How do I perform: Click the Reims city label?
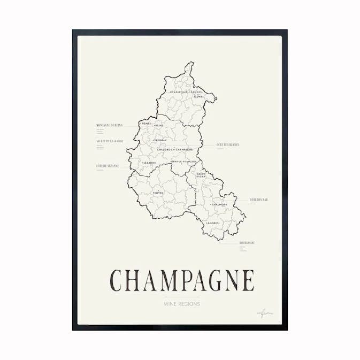pyautogui.click(x=159, y=126)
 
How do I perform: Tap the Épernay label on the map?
pyautogui.click(x=160, y=141)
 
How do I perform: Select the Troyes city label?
pyautogui.click(x=158, y=193)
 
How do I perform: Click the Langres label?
pyautogui.click(x=213, y=223)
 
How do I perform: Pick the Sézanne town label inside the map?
pyautogui.click(x=149, y=163)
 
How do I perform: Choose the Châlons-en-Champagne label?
pyautogui.click(x=175, y=149)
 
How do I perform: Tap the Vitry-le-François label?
pyautogui.click(x=184, y=161)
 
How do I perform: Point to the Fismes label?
pyautogui.click(x=146, y=123)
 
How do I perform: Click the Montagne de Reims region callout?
pyautogui.click(x=109, y=125)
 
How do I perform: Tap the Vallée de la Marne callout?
pyautogui.click(x=110, y=141)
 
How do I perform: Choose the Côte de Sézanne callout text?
pyautogui.click(x=108, y=166)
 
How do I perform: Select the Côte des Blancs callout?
pyautogui.click(x=228, y=144)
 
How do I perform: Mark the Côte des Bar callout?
pyautogui.click(x=258, y=200)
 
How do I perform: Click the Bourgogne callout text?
pyautogui.click(x=247, y=242)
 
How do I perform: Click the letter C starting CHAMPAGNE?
pyautogui.click(x=117, y=280)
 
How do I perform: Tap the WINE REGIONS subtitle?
pyautogui.click(x=182, y=304)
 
